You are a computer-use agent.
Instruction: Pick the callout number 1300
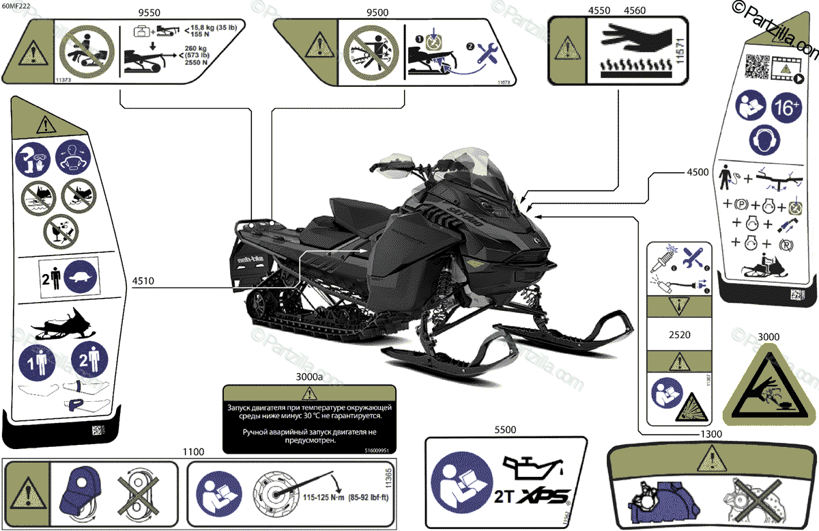pos(710,434)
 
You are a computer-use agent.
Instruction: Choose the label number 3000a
pos(310,377)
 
